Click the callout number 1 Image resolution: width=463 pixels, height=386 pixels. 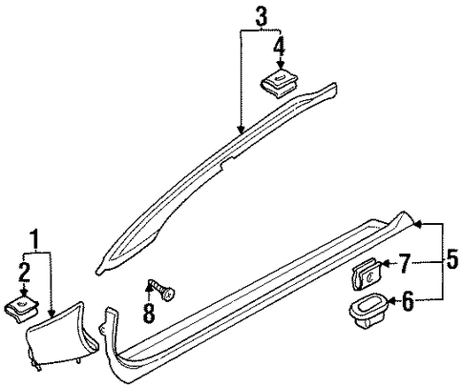tap(34, 239)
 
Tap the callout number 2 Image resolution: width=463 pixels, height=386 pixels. tap(24, 273)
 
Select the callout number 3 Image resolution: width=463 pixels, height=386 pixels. tap(261, 16)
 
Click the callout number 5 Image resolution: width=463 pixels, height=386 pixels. tap(452, 259)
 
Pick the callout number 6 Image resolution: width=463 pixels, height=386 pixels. tap(409, 301)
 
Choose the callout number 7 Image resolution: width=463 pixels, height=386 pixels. tap(405, 264)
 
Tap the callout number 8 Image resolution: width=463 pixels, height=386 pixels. tap(149, 313)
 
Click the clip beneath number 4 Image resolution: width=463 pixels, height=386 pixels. tap(279, 83)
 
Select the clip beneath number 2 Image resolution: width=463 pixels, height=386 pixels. tap(22, 308)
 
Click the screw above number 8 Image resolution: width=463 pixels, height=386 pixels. tap(162, 287)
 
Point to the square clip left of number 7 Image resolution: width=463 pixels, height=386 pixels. tap(366, 274)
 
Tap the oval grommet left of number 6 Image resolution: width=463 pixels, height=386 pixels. tap(368, 310)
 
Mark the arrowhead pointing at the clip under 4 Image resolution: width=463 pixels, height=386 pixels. tap(281, 65)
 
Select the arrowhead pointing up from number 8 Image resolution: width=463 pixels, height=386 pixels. tap(149, 287)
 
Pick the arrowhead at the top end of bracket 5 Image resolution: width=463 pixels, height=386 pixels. tap(418, 224)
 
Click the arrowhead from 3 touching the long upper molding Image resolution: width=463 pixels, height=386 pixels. tap(242, 129)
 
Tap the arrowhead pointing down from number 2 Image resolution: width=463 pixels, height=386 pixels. tap(24, 293)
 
